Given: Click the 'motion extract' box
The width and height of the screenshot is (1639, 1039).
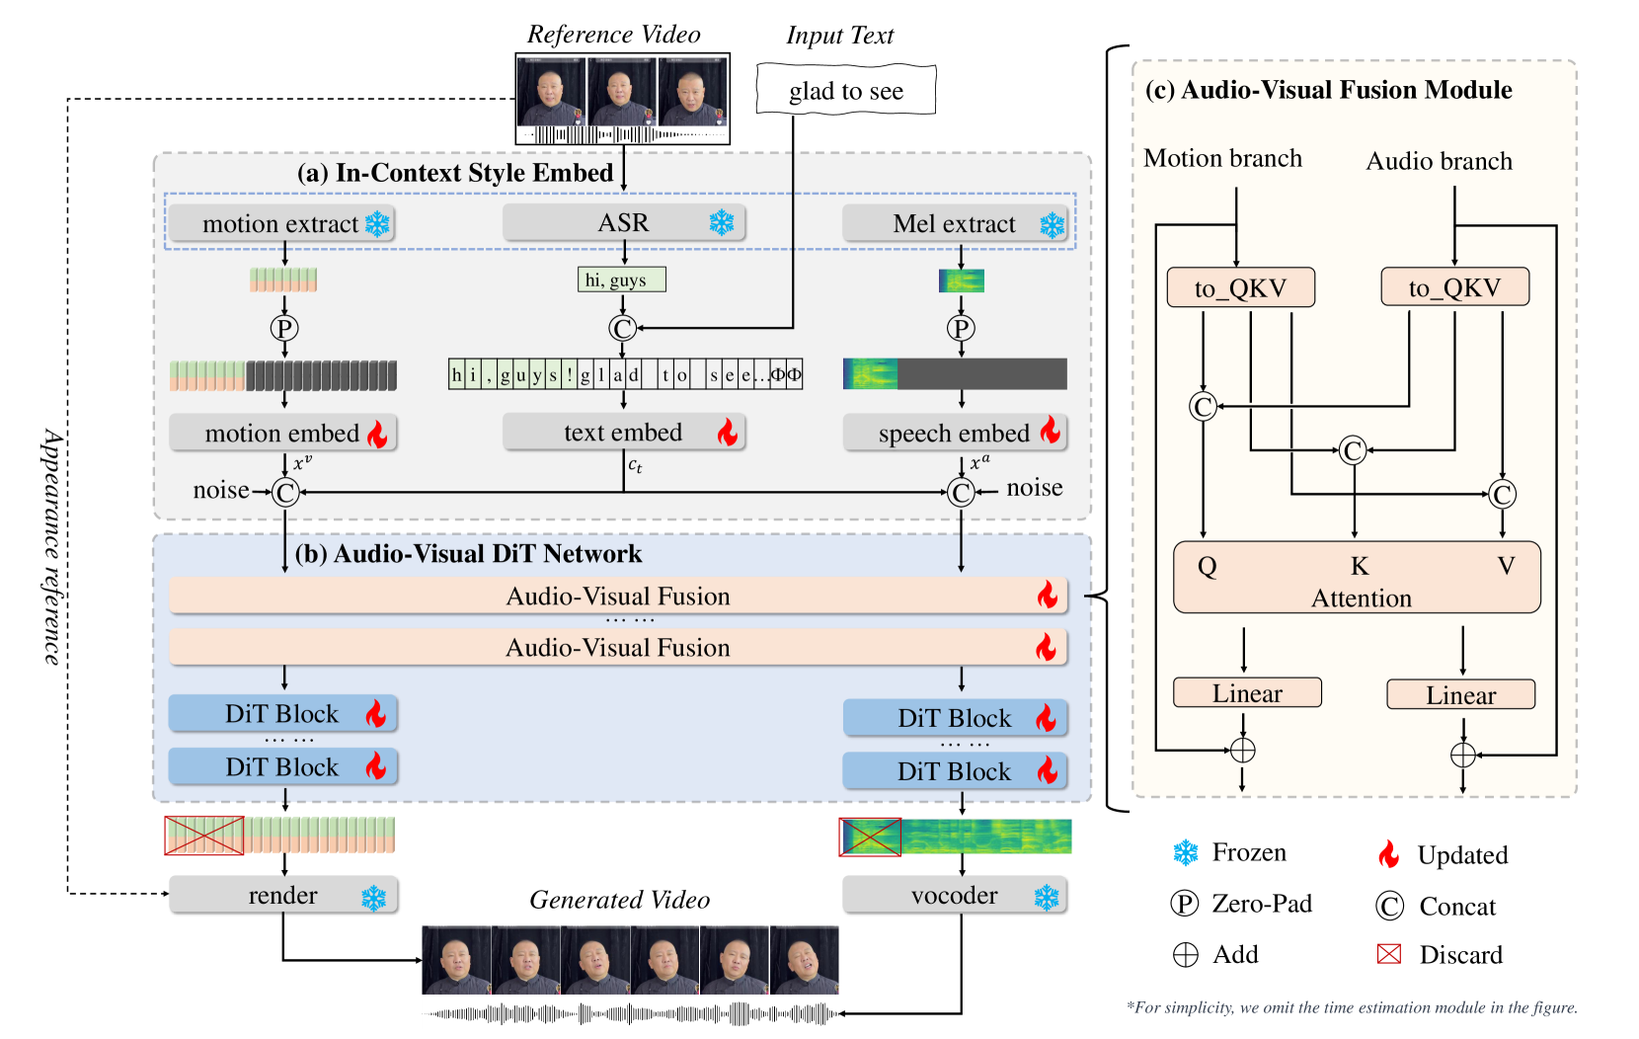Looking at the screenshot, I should pos(281,224).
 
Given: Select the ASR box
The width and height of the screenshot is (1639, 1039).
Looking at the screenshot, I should pos(623,223).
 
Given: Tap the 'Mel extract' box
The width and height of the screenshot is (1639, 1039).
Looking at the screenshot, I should pos(955,224).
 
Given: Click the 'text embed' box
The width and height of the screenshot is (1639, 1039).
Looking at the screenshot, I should pos(623,433).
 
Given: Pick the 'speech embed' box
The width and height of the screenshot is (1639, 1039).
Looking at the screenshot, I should pos(955,434).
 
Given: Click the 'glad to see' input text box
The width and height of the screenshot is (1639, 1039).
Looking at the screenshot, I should pos(846,91).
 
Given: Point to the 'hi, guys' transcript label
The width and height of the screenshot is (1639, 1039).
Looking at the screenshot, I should pos(621,280).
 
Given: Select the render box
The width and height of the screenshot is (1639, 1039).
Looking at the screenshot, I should pos(283,896).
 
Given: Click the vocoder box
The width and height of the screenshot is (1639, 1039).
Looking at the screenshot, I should pos(955,896).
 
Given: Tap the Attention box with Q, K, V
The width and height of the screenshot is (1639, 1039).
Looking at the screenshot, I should pos(1357,578).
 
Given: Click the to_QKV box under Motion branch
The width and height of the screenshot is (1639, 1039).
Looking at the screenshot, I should pos(1241,287).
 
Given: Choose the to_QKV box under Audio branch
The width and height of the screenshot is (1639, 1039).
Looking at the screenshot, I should pos(1454,287).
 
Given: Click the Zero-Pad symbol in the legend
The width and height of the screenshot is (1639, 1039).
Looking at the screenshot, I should pos(1184,904).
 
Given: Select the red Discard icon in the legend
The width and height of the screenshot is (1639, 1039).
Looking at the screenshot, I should pos(1389,954).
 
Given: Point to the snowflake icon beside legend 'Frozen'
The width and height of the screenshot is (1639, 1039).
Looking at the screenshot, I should pos(1185,852).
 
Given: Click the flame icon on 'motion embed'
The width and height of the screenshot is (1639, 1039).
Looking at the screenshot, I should pos(377,434).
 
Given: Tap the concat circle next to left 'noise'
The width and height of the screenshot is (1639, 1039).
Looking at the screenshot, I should pos(285,492).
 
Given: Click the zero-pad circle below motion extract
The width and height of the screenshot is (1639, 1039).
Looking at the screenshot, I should pos(284,328).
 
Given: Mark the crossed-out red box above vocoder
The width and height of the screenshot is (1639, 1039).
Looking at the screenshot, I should pos(870,838).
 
